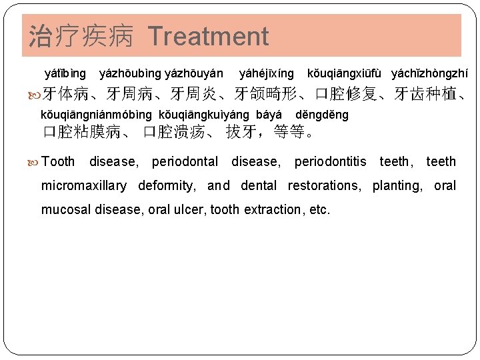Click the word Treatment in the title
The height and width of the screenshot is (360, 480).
point(208,36)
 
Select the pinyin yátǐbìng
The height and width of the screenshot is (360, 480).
point(65,73)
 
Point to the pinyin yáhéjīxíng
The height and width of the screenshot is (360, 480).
point(266,73)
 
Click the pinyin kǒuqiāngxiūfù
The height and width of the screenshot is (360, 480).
point(345,73)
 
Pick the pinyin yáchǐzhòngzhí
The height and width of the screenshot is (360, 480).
point(429,73)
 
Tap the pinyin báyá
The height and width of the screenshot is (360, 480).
point(269,115)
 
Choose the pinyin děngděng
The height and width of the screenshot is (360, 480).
point(321,115)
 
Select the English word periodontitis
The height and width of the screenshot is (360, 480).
point(330,161)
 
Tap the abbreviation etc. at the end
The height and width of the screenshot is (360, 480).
point(319,209)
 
